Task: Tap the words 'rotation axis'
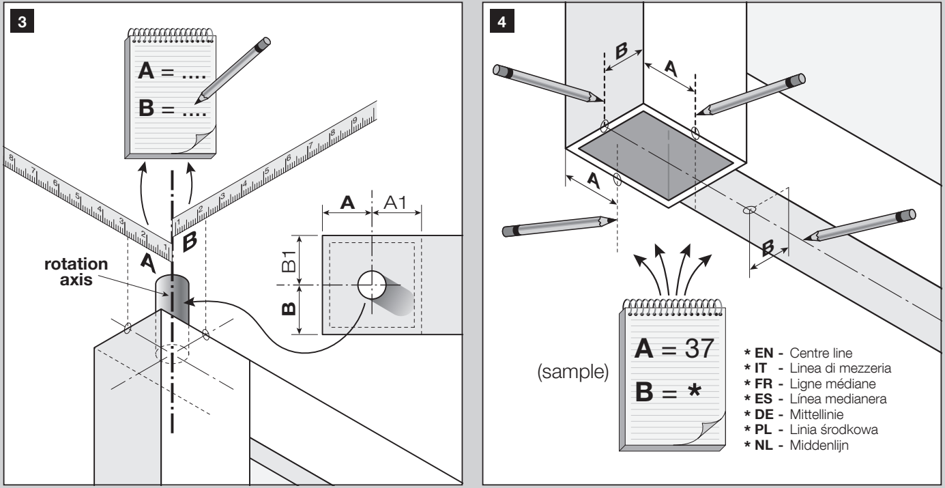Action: coord(76,272)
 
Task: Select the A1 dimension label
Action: coord(395,203)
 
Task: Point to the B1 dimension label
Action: coord(289,261)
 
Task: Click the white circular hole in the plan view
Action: coord(372,285)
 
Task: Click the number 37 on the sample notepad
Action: coord(699,348)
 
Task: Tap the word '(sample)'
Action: coord(573,371)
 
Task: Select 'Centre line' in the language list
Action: coord(821,353)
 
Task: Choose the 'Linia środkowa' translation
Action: coord(834,430)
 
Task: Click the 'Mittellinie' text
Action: coord(816,414)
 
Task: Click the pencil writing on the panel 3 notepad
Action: coord(233,70)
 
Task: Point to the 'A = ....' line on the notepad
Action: coord(172,71)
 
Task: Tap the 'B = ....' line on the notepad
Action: coord(172,108)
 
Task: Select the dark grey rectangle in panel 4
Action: coord(656,156)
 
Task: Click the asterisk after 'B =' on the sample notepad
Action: coord(694,390)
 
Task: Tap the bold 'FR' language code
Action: coord(764,384)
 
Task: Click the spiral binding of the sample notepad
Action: coord(673,307)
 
